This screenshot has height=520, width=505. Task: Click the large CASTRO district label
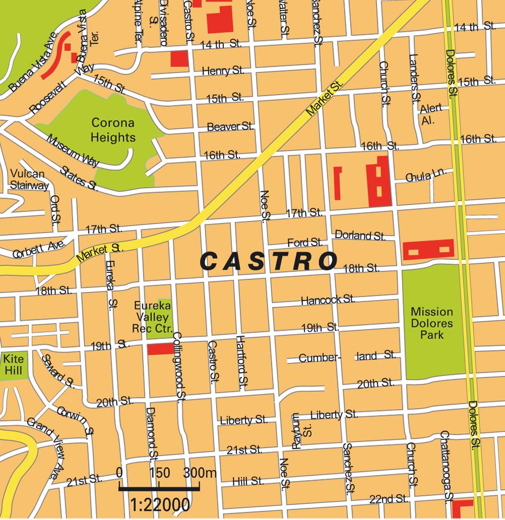pyautogui.click(x=269, y=261)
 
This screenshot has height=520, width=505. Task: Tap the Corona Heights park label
pyautogui.click(x=113, y=130)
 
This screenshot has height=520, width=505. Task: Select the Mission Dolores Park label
pyautogui.click(x=431, y=322)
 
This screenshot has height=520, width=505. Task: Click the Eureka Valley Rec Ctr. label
pyautogui.click(x=152, y=317)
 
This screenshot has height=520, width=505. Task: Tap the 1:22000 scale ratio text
pyautogui.click(x=160, y=504)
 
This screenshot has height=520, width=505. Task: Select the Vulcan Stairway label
pyautogui.click(x=29, y=180)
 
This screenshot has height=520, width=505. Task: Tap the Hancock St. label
pyautogui.click(x=327, y=300)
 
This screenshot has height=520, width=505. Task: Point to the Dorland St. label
pyautogui.click(x=360, y=235)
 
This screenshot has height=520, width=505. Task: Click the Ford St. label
pyautogui.click(x=305, y=242)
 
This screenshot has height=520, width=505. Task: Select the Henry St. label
pyautogui.click(x=223, y=71)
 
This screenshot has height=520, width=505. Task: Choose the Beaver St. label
pyautogui.click(x=230, y=127)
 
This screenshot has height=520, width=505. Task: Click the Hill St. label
pyautogui.click(x=248, y=481)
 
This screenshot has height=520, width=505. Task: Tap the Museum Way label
pyautogui.click(x=72, y=151)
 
